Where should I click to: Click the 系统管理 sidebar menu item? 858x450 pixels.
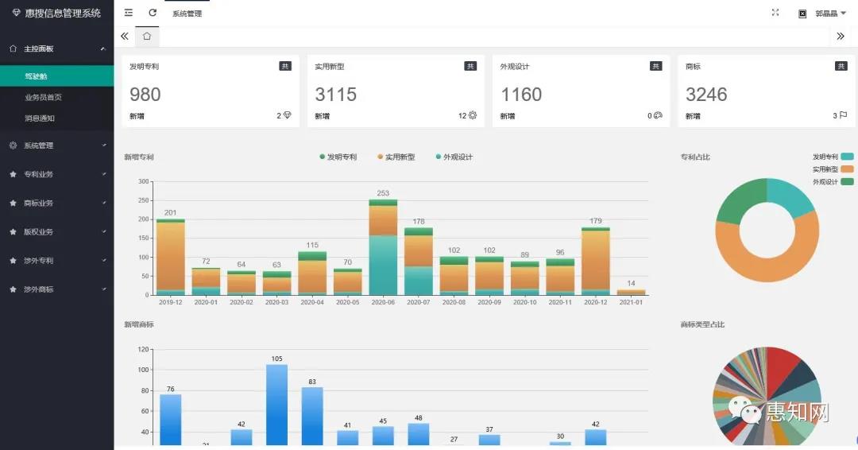point(39,145)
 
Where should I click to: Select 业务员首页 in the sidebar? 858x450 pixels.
point(44,97)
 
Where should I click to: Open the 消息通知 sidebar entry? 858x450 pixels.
point(41,118)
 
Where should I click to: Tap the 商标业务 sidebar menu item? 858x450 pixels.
point(39,203)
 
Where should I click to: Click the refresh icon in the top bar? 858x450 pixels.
point(153,13)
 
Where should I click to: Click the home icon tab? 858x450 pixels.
point(147,36)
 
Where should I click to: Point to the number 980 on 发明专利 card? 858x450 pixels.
point(145,95)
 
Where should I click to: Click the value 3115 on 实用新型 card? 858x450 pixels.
point(335,95)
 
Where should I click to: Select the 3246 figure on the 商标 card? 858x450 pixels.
point(706,95)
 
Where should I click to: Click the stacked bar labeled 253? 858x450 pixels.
point(383,246)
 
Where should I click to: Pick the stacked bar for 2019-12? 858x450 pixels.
point(170,256)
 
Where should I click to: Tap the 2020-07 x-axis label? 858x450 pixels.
point(419,302)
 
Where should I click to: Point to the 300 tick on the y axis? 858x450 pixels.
point(143,181)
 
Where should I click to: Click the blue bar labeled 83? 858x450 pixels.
point(312,415)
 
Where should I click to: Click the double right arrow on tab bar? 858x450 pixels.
point(841,36)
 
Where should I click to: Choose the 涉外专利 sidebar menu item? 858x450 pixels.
point(39,261)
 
